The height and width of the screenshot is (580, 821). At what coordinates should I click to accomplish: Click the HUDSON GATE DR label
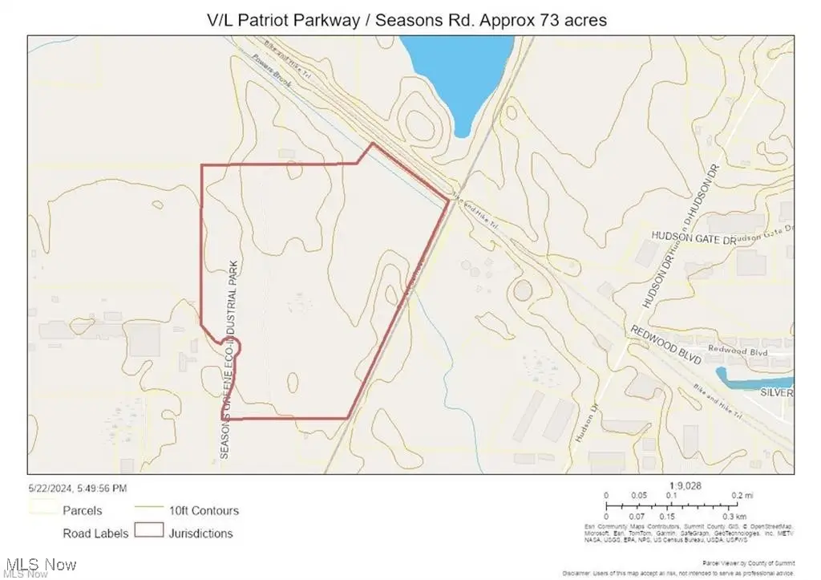pyautogui.click(x=693, y=238)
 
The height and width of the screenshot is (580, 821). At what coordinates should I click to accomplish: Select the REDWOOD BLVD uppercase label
pyautogui.click(x=665, y=345)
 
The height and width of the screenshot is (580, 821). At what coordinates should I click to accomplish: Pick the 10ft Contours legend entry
pyautogui.click(x=203, y=510)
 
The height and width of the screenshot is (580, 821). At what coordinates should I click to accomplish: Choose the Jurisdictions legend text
pyautogui.click(x=201, y=533)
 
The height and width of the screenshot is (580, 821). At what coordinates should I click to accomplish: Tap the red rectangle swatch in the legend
pyautogui.click(x=149, y=531)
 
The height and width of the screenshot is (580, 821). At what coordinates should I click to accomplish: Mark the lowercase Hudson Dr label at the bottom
pyautogui.click(x=584, y=425)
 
